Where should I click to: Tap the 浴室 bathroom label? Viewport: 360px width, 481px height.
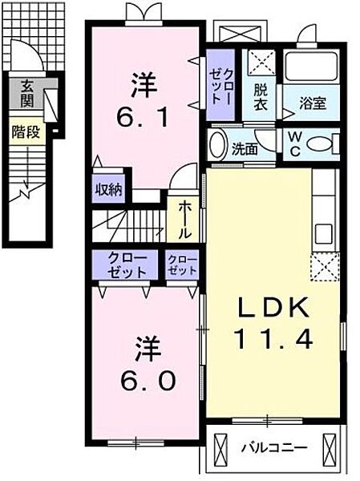click(312, 103)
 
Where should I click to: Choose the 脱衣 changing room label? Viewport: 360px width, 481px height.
click(261, 99)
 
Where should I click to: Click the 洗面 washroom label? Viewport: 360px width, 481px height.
click(245, 148)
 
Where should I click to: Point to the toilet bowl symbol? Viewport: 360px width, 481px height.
click(320, 144)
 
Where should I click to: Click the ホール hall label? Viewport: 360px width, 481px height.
click(184, 219)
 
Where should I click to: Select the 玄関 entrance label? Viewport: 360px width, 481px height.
click(26, 92)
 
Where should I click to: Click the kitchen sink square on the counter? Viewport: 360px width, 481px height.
click(324, 234)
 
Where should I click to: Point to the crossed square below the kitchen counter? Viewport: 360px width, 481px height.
click(325, 265)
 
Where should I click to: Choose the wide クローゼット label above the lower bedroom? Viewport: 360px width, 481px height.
click(125, 265)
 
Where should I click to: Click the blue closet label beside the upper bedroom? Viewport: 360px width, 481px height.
click(220, 87)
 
